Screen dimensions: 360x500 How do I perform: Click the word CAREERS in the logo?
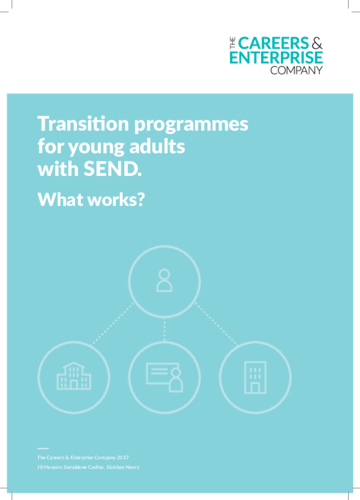point(273,43)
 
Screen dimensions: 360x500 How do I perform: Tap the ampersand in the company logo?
point(317,43)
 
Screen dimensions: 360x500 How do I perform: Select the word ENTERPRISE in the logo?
point(276,58)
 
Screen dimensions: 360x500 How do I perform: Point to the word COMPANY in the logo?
point(296,70)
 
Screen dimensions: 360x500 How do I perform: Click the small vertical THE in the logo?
point(232,43)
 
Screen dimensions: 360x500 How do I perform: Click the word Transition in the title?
point(83,124)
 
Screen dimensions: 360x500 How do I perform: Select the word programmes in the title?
point(191,125)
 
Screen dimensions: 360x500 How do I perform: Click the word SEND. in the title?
point(113,169)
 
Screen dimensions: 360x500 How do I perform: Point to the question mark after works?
point(141,200)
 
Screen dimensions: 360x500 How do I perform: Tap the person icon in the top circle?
point(164,281)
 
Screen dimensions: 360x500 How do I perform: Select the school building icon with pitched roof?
point(74,376)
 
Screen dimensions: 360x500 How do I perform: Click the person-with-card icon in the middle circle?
point(164,377)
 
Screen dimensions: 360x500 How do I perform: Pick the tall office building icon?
point(255,378)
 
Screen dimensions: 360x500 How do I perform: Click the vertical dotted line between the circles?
point(164,330)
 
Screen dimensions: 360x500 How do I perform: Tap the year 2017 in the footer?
point(122,457)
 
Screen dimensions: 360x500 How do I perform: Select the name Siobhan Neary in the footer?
point(123,467)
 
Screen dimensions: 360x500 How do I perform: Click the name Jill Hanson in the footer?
point(49,467)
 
